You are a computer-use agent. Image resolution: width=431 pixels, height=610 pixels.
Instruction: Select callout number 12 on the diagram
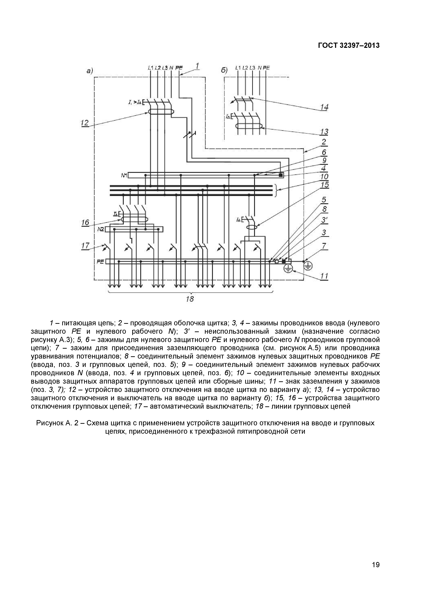pyautogui.click(x=85, y=123)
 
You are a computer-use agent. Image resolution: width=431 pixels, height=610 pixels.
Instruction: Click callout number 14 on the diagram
pyautogui.click(x=324, y=107)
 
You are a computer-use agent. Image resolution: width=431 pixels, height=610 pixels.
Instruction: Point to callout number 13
pyautogui.click(x=324, y=131)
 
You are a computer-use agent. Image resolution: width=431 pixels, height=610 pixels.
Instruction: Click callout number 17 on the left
pyautogui.click(x=85, y=246)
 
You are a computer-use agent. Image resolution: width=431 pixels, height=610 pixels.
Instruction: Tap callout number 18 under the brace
pyautogui.click(x=190, y=299)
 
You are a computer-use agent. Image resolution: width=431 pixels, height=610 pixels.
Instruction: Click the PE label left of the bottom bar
pyautogui.click(x=100, y=261)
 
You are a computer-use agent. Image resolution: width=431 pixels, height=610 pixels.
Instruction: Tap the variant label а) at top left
pyautogui.click(x=90, y=71)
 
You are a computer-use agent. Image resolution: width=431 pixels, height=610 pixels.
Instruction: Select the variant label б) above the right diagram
pyautogui.click(x=224, y=70)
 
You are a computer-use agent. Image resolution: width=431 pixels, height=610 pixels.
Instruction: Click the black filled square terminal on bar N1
pyautogui.click(x=280, y=175)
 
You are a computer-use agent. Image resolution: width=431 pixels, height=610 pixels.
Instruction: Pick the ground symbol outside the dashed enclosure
pyautogui.click(x=308, y=266)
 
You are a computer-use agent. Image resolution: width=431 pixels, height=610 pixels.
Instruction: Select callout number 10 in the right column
pyautogui.click(x=324, y=176)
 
